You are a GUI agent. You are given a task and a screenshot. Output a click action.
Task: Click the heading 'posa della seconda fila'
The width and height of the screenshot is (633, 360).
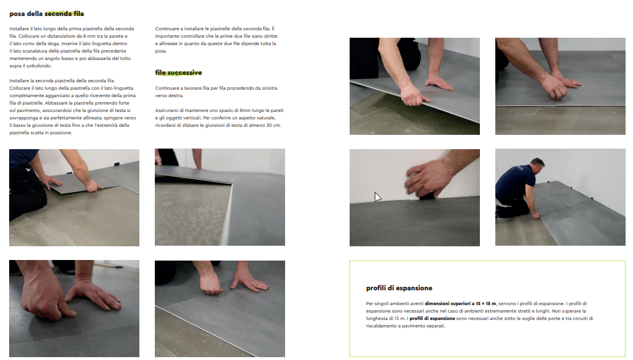pos(47,14)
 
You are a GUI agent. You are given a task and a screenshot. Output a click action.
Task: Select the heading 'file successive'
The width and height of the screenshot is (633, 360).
pos(178,73)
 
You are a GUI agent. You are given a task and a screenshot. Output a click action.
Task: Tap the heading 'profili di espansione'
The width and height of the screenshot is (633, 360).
pos(399,288)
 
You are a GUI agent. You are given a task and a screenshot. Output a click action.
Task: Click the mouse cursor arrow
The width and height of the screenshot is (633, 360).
pos(378,197)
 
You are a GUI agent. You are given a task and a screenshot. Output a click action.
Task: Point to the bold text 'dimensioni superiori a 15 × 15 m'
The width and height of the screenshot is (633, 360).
pos(460,303)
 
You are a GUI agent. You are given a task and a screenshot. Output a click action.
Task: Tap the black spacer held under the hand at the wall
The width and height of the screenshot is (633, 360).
pos(427,196)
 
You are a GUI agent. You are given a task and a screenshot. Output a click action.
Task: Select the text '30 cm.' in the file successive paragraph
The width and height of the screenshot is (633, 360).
pos(274,125)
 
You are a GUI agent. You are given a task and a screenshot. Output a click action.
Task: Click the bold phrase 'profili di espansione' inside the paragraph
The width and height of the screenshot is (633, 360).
pos(432,318)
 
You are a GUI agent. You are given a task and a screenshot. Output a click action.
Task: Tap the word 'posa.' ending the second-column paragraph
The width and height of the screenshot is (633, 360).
pos(161,51)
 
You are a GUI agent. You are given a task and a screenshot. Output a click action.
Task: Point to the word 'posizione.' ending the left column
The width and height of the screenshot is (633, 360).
pos(61,133)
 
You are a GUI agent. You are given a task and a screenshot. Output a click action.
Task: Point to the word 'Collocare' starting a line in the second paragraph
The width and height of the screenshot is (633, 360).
pos(20,88)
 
